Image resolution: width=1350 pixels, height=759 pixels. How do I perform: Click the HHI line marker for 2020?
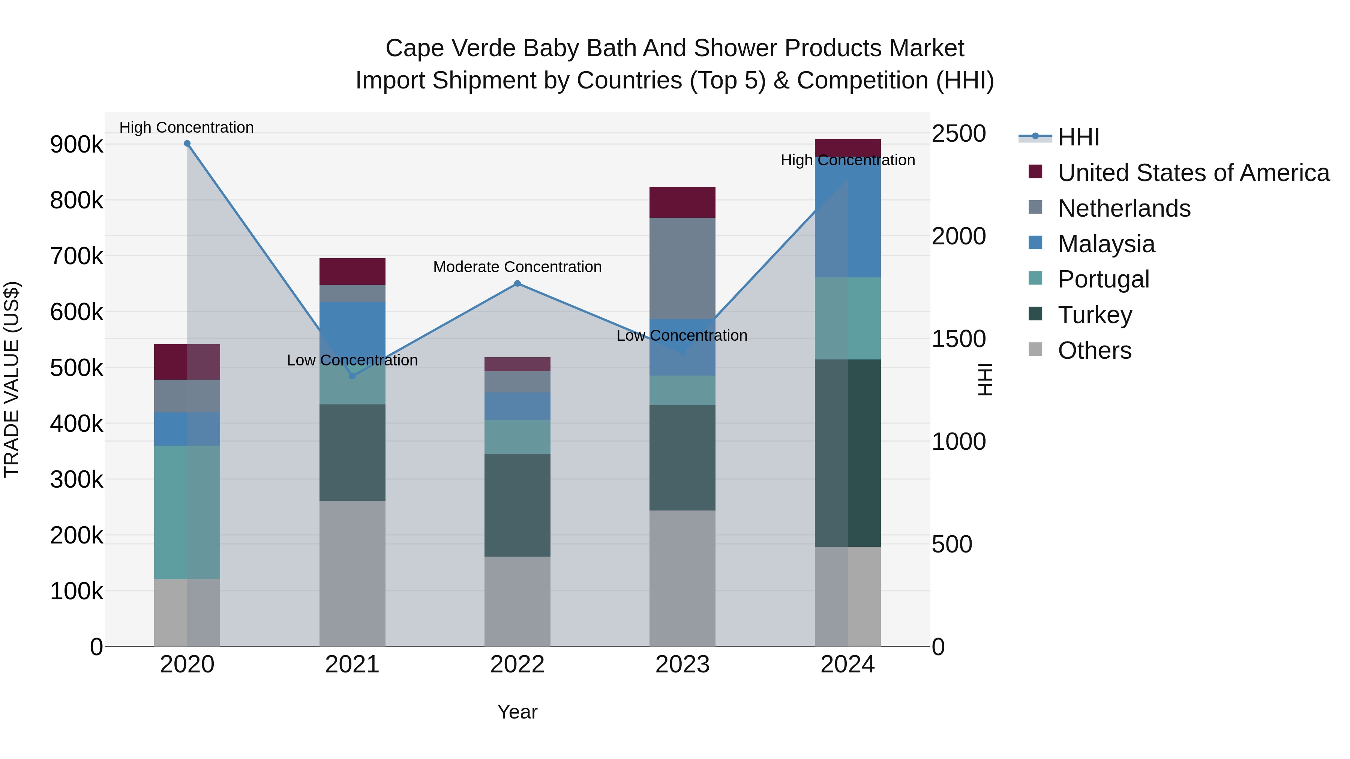187,144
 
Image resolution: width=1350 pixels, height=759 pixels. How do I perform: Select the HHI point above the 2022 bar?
517,283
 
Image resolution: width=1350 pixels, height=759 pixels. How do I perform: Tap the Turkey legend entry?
1095,315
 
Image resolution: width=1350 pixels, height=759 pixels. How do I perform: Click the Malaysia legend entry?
1106,244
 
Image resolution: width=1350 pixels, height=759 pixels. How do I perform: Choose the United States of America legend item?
1193,173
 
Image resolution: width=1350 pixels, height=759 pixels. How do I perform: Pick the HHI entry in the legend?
1078,137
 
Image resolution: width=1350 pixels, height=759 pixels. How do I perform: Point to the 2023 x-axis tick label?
682,665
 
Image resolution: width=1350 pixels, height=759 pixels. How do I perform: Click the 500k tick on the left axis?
76,368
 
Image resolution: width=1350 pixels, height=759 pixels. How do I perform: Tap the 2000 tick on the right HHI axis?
958,236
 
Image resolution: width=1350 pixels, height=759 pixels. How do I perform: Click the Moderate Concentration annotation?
517,267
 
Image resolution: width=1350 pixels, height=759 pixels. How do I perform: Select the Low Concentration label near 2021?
352,360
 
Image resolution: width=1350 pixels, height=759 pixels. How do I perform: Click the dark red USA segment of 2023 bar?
682,202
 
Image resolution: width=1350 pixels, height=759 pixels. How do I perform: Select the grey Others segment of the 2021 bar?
352,573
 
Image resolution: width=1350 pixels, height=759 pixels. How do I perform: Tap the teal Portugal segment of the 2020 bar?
187,512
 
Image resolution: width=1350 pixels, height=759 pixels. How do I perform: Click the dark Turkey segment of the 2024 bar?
848,453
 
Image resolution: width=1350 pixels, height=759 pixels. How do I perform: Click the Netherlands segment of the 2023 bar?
682,268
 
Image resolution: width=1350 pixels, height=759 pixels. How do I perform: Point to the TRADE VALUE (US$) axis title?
12,379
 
